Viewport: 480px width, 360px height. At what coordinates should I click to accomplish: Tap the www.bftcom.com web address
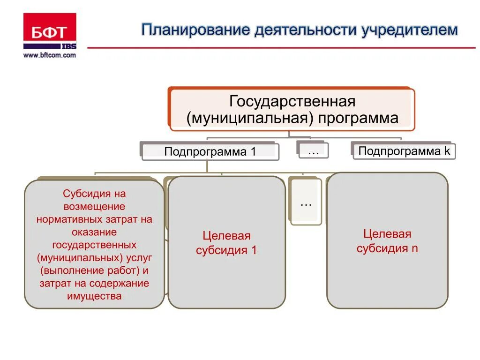click(49, 55)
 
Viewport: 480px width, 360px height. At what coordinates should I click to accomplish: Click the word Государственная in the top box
click(292, 101)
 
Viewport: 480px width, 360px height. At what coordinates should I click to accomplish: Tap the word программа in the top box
click(358, 118)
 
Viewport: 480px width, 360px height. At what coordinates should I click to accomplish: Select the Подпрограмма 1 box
click(210, 152)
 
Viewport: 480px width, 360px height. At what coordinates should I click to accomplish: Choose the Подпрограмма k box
click(404, 151)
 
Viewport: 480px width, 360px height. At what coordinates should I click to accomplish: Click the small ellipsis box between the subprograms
click(313, 150)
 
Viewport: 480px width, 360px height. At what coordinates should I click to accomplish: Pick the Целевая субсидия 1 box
click(226, 243)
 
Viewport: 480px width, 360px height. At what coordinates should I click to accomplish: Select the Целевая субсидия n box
click(387, 241)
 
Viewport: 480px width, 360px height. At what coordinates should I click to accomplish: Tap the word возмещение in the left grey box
click(94, 206)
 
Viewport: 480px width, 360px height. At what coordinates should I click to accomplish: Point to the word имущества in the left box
click(94, 296)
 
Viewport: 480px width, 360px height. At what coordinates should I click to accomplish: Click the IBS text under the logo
click(68, 46)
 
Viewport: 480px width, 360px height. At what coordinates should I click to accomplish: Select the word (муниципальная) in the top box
click(250, 118)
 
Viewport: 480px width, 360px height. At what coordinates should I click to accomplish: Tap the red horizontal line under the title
click(281, 47)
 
